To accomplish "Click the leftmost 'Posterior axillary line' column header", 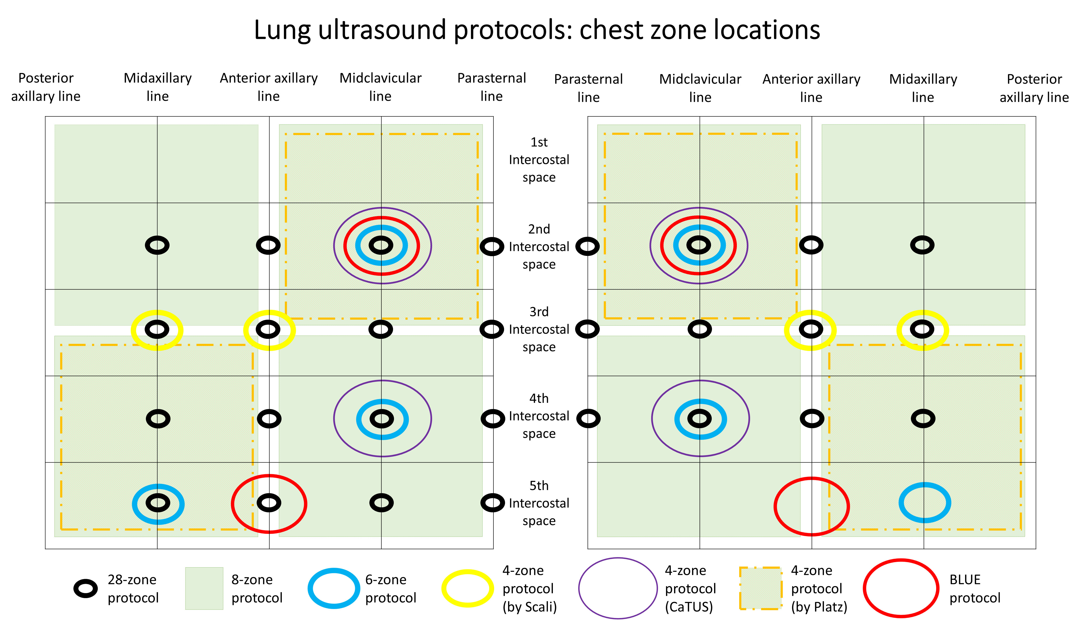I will click(46, 87).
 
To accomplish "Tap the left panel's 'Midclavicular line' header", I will click(380, 87).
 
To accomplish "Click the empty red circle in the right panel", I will click(811, 506).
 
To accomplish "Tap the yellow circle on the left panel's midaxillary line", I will click(157, 330).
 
